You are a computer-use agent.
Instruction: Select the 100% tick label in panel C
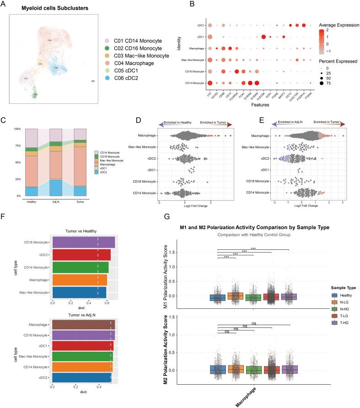[17, 129]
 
